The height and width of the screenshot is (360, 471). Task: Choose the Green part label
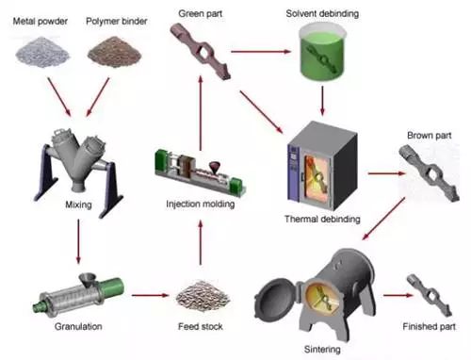pyautogui.click(x=204, y=13)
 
